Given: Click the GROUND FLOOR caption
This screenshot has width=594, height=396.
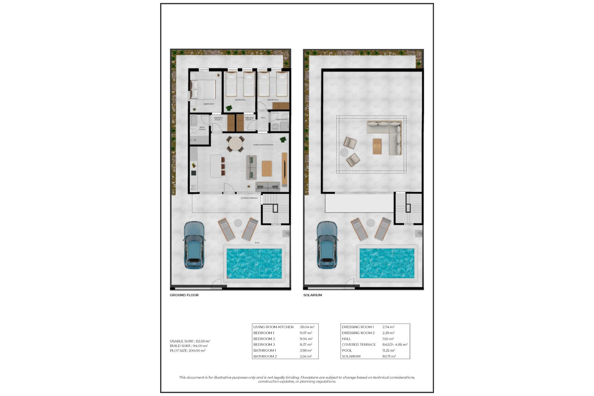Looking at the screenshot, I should [x=184, y=295].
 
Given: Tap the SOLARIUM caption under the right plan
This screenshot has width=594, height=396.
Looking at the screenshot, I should [x=312, y=295].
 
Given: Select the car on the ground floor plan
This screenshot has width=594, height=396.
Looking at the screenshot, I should [x=194, y=245].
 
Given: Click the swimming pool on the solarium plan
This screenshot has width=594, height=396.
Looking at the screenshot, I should [x=387, y=263].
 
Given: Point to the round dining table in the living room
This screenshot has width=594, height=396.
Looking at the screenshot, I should [x=235, y=144].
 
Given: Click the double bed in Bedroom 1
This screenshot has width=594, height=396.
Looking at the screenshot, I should [x=203, y=89].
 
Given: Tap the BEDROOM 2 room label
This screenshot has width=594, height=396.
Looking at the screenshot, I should [x=240, y=100].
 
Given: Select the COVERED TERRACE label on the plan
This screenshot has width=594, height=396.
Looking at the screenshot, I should [x=249, y=198].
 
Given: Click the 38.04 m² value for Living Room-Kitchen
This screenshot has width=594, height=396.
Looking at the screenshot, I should [x=307, y=327].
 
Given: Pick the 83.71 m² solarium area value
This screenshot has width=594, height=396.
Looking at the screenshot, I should [x=389, y=356].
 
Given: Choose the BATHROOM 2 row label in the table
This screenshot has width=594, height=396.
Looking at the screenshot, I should [x=265, y=356].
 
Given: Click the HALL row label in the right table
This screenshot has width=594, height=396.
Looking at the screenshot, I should [x=346, y=339].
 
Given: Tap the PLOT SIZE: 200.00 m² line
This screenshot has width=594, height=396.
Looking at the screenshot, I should [x=187, y=351].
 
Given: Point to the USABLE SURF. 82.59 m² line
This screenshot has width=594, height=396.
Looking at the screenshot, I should [x=190, y=341].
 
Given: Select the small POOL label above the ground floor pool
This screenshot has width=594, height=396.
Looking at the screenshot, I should [x=257, y=243].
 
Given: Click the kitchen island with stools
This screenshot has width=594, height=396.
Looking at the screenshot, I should [x=216, y=166].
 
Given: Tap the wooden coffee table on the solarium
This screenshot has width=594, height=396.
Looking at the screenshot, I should [x=377, y=146].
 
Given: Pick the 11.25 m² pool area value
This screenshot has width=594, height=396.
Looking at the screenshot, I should [x=389, y=351].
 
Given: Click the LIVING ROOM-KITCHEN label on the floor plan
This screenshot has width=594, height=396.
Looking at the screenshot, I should [x=263, y=145].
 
